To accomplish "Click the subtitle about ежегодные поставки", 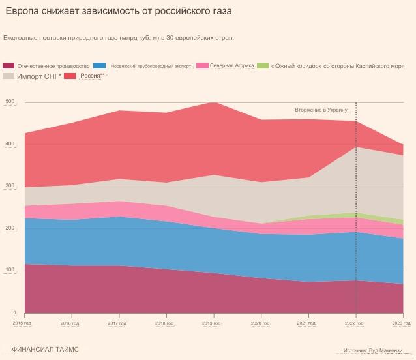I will coord(119,38).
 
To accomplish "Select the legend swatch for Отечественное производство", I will coord(8,66).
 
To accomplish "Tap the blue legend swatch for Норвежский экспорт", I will coord(100,66).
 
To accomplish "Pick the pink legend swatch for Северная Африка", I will coord(202,66).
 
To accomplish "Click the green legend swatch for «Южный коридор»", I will coord(262,66).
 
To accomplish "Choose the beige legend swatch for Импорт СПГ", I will coord(8,76).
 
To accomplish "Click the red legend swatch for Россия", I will coord(70,76).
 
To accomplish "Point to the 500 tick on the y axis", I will coord(9,102).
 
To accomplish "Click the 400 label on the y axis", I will coord(9,144).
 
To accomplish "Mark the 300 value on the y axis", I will coord(9,187).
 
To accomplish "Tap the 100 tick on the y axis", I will coord(9,270).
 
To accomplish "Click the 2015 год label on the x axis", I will coord(23,323).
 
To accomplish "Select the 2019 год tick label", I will coord(212,323).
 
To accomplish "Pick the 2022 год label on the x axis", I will coord(355,323).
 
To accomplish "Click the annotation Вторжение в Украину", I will coord(321,110).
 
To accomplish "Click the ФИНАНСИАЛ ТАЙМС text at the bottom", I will coord(45,350).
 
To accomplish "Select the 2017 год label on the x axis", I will coord(117,323).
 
